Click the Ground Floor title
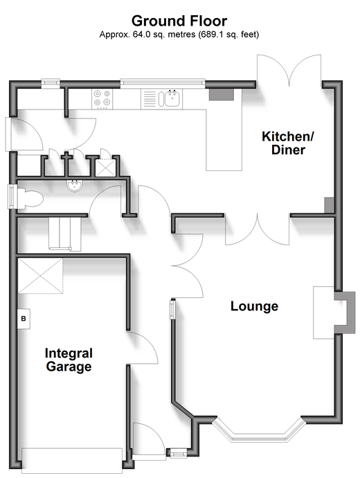179,21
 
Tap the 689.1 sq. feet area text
228,35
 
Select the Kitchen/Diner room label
288,143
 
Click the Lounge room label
254,306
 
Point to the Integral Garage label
69,360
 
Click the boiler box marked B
24,319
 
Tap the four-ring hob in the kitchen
102,99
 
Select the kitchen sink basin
172,98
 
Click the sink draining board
150,99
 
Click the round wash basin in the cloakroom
74,186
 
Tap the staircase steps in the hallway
65,234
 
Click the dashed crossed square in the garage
41,276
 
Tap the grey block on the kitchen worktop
221,94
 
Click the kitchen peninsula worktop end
224,161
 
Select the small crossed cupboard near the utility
105,168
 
